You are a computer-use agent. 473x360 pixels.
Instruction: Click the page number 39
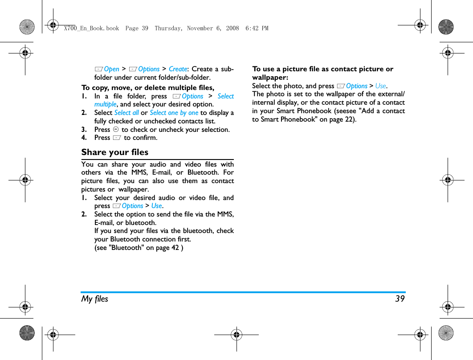[400, 299]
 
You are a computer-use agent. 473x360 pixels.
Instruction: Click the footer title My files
[94, 299]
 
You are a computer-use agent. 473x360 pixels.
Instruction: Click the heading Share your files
[114, 152]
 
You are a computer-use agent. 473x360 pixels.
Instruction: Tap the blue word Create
[178, 69]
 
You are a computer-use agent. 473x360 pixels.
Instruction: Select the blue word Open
[111, 69]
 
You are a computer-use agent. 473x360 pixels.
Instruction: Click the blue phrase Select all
[126, 113]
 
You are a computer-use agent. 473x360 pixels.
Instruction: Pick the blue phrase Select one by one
[174, 113]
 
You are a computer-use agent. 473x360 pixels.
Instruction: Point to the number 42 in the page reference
[175, 248]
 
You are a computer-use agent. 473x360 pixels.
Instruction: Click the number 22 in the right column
[347, 119]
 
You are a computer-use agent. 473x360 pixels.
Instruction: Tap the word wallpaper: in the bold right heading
[270, 78]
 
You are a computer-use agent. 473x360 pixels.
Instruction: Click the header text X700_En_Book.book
[91, 28]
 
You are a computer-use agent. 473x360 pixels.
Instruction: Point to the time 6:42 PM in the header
[257, 28]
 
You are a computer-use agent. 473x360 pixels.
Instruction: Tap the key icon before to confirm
[117, 138]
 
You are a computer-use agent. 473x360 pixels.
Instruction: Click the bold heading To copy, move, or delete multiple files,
[147, 87]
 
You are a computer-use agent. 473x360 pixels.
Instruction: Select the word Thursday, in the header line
[169, 28]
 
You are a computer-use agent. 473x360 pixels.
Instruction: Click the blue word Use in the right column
[380, 86]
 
